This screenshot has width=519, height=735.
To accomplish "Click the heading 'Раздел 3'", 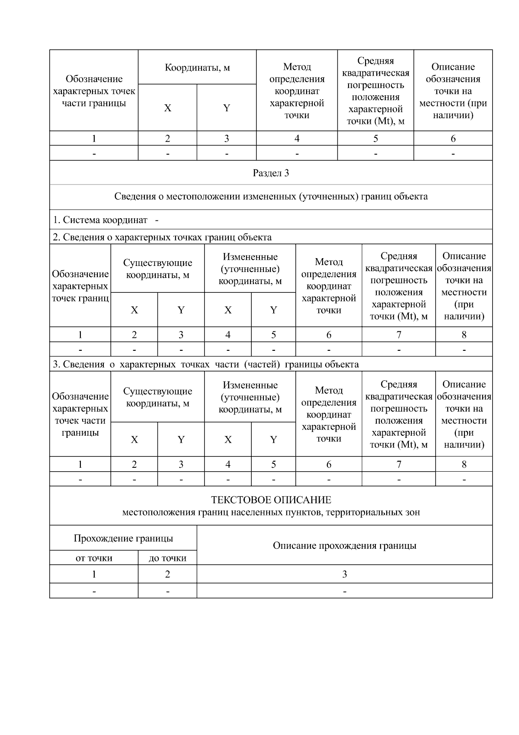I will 271,173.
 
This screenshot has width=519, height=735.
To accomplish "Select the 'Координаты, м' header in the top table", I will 197,68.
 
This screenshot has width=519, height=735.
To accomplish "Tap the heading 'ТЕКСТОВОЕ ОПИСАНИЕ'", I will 271,500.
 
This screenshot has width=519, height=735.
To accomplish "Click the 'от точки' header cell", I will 94,558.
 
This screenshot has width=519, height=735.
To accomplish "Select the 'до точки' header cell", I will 167,558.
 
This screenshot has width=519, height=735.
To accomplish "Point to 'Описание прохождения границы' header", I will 344,545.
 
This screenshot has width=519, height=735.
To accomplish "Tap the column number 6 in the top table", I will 453,139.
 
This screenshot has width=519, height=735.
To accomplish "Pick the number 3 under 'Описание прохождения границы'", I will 344,574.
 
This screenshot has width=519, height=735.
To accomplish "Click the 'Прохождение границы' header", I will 123,538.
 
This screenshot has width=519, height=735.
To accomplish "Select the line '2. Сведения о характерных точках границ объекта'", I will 162,237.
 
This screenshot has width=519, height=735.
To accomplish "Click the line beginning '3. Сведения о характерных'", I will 205,364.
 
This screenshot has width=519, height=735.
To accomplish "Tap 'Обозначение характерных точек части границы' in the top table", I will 94,91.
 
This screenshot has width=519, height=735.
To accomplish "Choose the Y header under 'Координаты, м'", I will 226,108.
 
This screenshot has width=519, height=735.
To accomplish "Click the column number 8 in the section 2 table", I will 464,335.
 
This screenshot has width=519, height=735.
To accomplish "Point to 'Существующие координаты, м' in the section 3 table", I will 157,397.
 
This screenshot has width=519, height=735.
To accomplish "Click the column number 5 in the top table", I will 375,139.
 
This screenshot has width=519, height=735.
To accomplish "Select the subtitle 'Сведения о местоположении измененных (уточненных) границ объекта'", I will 271,197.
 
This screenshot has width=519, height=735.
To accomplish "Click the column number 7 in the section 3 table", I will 398,465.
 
